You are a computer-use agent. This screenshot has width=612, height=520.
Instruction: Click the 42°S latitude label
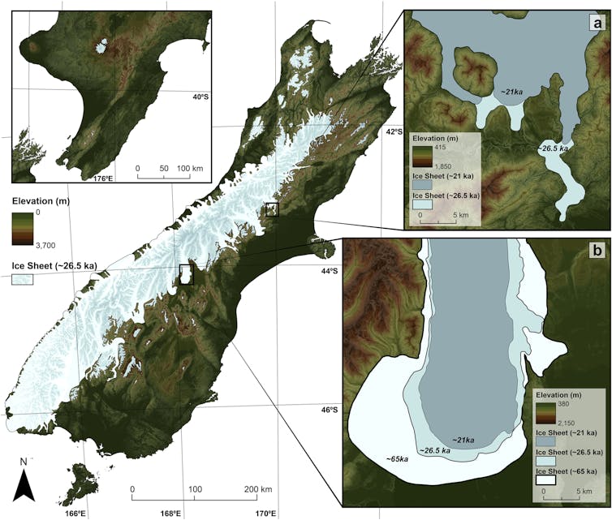coord(393,131)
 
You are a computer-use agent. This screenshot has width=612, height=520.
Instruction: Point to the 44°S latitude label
coord(328,270)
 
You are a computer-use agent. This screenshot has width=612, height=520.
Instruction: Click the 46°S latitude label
coord(328,410)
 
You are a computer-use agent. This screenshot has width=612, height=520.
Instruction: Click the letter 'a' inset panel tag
coord(597,24)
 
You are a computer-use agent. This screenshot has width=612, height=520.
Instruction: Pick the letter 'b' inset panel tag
coord(597,252)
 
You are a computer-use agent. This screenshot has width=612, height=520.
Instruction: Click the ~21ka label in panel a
coord(512,92)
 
